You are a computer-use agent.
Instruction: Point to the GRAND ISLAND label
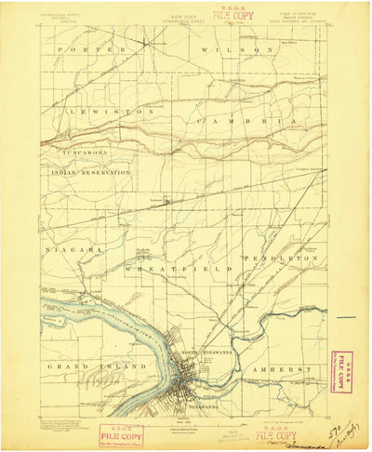(86, 368)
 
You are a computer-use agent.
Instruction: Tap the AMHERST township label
(282, 369)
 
